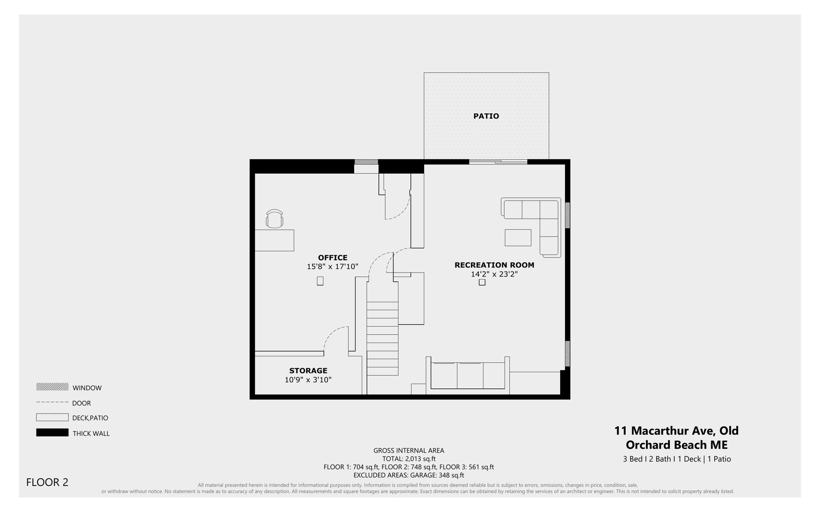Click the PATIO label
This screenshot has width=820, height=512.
click(486, 116)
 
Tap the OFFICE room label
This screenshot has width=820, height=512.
click(333, 257)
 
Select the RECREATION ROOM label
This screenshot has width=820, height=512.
click(494, 265)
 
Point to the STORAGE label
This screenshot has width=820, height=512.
click(308, 371)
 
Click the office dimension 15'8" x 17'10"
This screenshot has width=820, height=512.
click(332, 267)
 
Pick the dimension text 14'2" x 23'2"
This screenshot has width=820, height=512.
click(494, 274)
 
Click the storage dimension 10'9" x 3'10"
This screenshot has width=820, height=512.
click(308, 380)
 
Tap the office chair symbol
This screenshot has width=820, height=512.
click(274, 219)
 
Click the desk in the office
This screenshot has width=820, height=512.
click(274, 240)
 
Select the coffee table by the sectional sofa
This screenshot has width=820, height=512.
click(518, 238)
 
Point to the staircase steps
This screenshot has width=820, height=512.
click(382, 339)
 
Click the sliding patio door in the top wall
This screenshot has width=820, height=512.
click(498, 162)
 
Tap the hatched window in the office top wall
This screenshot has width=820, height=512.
click(366, 162)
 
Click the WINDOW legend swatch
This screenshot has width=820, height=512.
click(52, 387)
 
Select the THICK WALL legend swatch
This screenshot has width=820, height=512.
click(52, 432)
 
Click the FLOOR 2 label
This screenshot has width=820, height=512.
click(47, 482)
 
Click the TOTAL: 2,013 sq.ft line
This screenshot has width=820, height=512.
click(409, 459)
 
